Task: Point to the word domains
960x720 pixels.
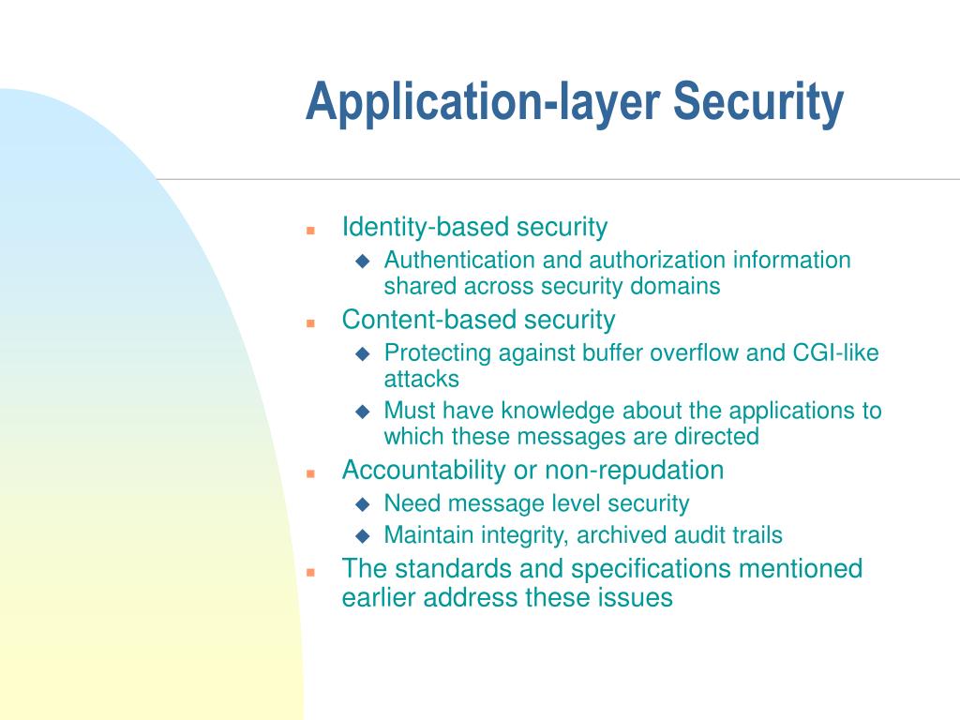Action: tap(674, 286)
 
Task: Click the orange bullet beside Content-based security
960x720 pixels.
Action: tap(310, 322)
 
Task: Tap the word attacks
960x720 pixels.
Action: tap(421, 379)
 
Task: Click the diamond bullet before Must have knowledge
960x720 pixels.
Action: tap(363, 412)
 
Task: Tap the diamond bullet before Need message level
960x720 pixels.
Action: tap(363, 504)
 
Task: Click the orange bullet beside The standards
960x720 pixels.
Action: tap(310, 571)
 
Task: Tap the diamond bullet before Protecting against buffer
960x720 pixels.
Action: tap(363, 354)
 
